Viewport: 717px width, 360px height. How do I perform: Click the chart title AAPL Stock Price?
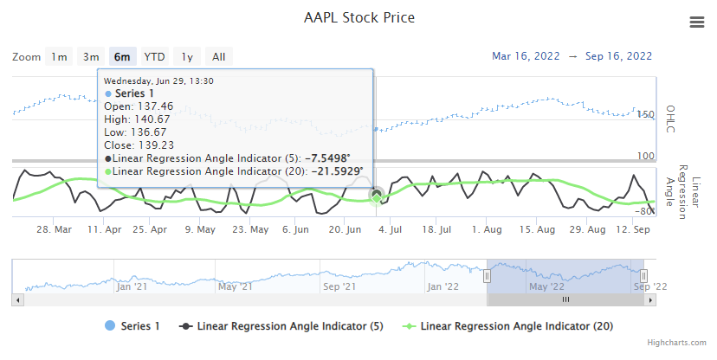coord(358,17)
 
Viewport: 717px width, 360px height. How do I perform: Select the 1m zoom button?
coord(59,57)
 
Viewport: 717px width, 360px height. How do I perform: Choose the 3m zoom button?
coord(91,57)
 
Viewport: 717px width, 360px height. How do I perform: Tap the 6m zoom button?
coord(123,57)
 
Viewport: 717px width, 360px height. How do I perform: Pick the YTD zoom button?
coord(155,57)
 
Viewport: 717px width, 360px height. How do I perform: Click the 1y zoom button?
coord(187,57)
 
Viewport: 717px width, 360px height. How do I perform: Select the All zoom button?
coord(219,57)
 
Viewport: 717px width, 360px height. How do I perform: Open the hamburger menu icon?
coord(697,22)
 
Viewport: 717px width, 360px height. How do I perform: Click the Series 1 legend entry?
coord(132,326)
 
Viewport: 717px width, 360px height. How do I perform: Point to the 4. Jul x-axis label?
coord(391,230)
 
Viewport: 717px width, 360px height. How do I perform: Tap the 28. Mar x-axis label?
coord(54,230)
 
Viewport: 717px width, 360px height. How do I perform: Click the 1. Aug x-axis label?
coord(488,230)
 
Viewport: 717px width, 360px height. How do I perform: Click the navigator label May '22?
coord(546,286)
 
